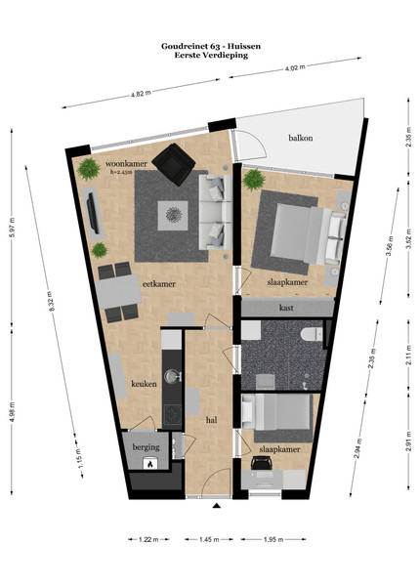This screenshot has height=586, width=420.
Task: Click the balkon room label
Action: [301, 138]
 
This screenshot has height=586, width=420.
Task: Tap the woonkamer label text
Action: [126, 164]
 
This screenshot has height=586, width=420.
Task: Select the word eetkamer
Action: [159, 284]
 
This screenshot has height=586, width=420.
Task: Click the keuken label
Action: [144, 384]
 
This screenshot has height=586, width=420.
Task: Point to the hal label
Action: [212, 420]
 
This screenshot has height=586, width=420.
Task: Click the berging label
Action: [146, 447]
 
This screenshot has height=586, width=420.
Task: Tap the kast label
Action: [286, 308]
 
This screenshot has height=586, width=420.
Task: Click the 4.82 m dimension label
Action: [141, 94]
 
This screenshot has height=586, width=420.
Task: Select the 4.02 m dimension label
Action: [295, 67]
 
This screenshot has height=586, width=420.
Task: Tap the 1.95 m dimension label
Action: [273, 539]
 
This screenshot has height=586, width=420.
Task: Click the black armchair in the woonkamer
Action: [174, 164]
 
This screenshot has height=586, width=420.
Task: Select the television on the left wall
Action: [93, 213]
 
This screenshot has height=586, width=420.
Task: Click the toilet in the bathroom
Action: [312, 333]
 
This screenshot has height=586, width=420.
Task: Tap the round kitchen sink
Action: [172, 376]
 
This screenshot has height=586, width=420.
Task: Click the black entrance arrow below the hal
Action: [216, 506]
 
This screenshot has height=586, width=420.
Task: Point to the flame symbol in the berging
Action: [149, 465]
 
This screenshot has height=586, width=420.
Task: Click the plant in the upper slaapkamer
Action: [254, 180]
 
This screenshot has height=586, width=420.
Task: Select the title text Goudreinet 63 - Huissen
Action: [211, 46]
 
